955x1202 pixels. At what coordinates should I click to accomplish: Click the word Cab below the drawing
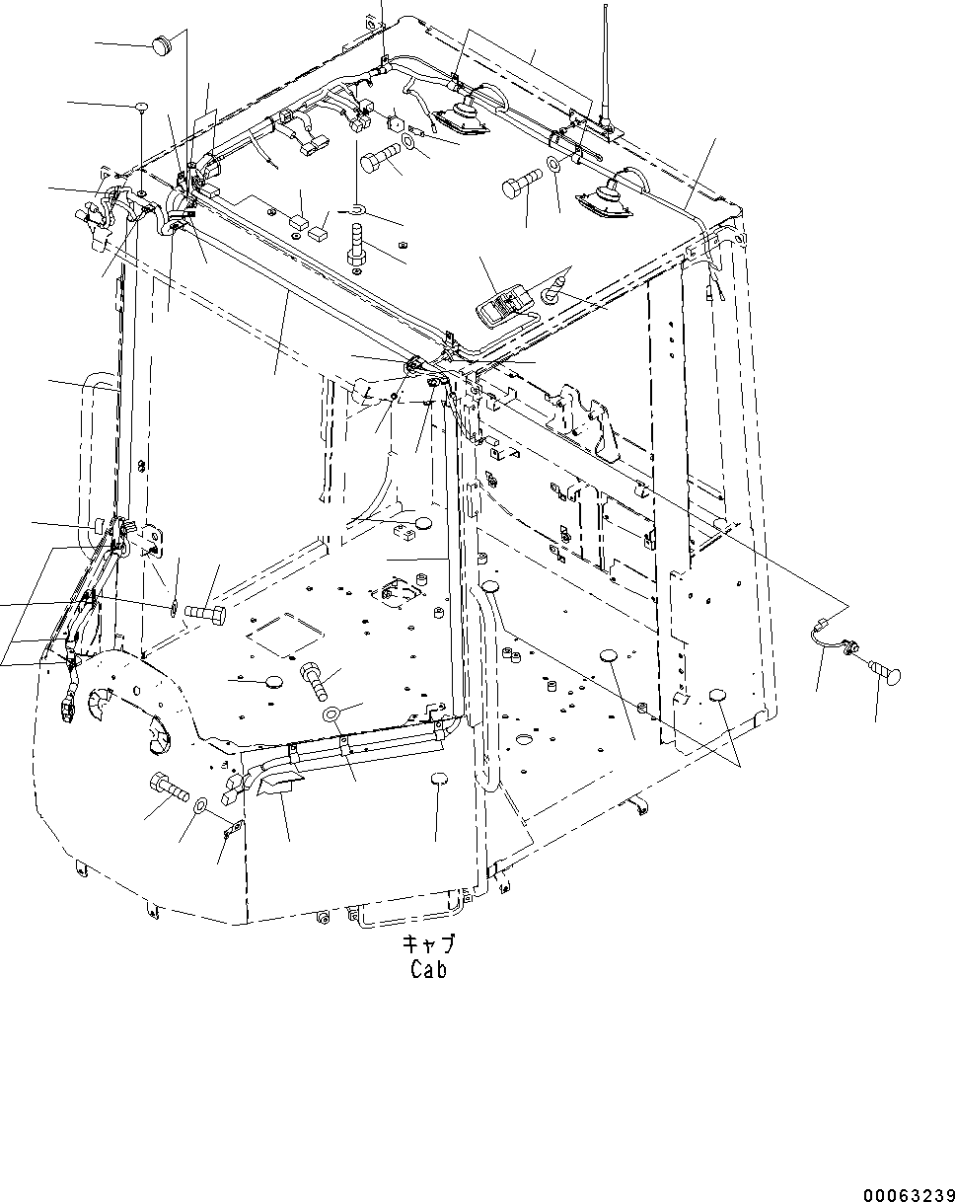tap(428, 970)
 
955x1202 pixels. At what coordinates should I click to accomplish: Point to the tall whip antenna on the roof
tap(605, 69)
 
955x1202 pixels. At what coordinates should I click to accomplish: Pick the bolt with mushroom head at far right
tap(883, 675)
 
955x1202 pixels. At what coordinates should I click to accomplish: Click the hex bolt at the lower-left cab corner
tap(169, 789)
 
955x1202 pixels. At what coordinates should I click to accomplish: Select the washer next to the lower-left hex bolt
tap(199, 807)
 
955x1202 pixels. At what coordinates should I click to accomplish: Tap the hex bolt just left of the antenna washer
tap(522, 184)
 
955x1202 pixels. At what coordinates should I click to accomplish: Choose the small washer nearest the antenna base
tap(554, 164)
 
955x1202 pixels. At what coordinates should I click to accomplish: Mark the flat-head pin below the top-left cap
tap(141, 109)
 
